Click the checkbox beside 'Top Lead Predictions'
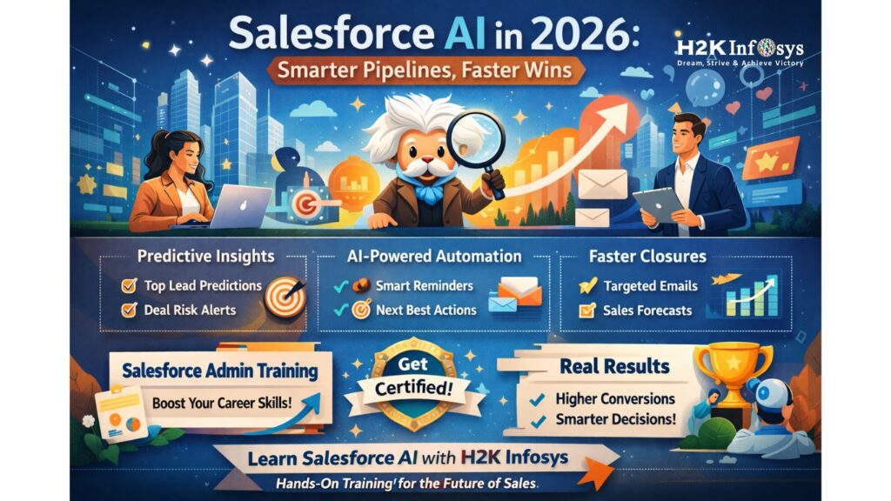[x=128, y=285]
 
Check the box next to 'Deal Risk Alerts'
[x=128, y=309]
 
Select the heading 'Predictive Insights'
[x=205, y=256]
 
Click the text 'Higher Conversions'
[x=614, y=398]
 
